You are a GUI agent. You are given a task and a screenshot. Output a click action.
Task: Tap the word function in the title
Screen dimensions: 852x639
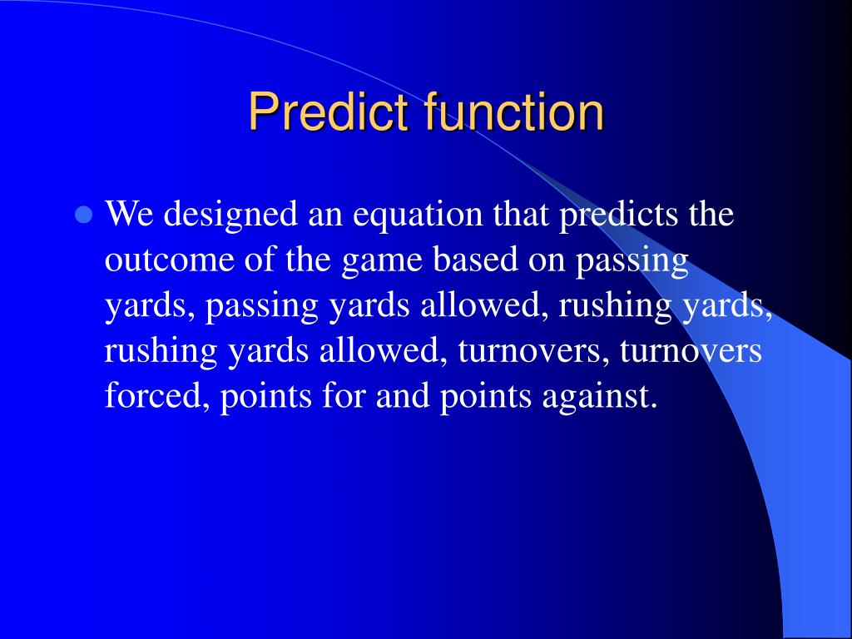point(514,111)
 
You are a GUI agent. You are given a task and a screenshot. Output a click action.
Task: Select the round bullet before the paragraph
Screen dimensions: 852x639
point(83,215)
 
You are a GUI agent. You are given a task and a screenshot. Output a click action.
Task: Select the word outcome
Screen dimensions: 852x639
point(170,260)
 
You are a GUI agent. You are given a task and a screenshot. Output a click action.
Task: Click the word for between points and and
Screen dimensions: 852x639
point(343,394)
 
